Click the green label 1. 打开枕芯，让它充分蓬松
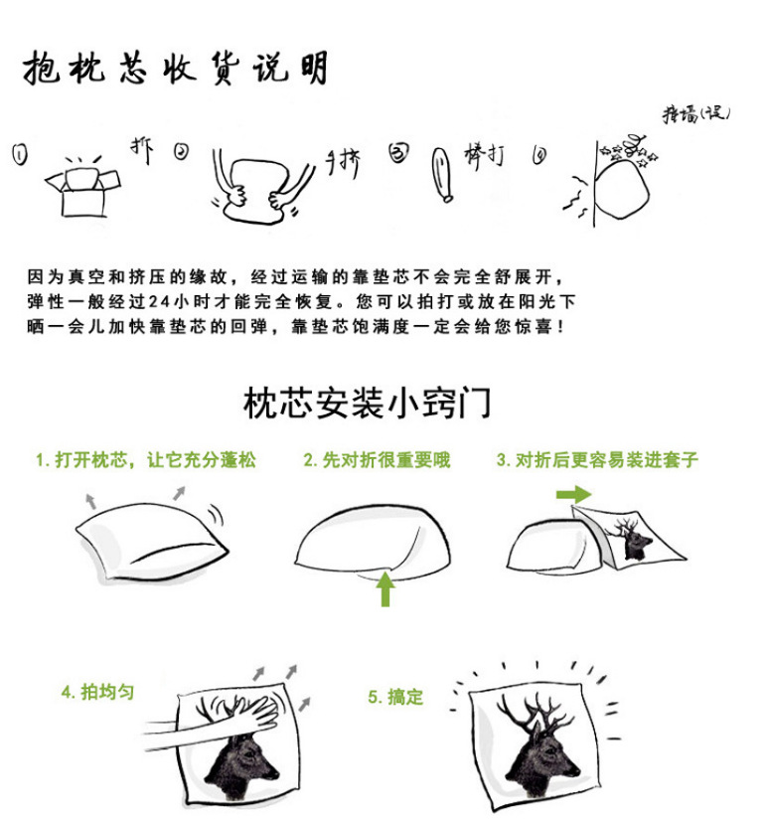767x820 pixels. pos(145,460)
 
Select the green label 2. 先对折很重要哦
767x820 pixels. pos(377,460)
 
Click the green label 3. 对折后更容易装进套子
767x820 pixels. pos(597,460)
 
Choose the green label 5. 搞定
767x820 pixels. pos(395,698)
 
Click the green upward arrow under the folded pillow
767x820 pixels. pos(385,589)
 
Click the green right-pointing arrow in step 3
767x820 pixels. pos(573,494)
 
